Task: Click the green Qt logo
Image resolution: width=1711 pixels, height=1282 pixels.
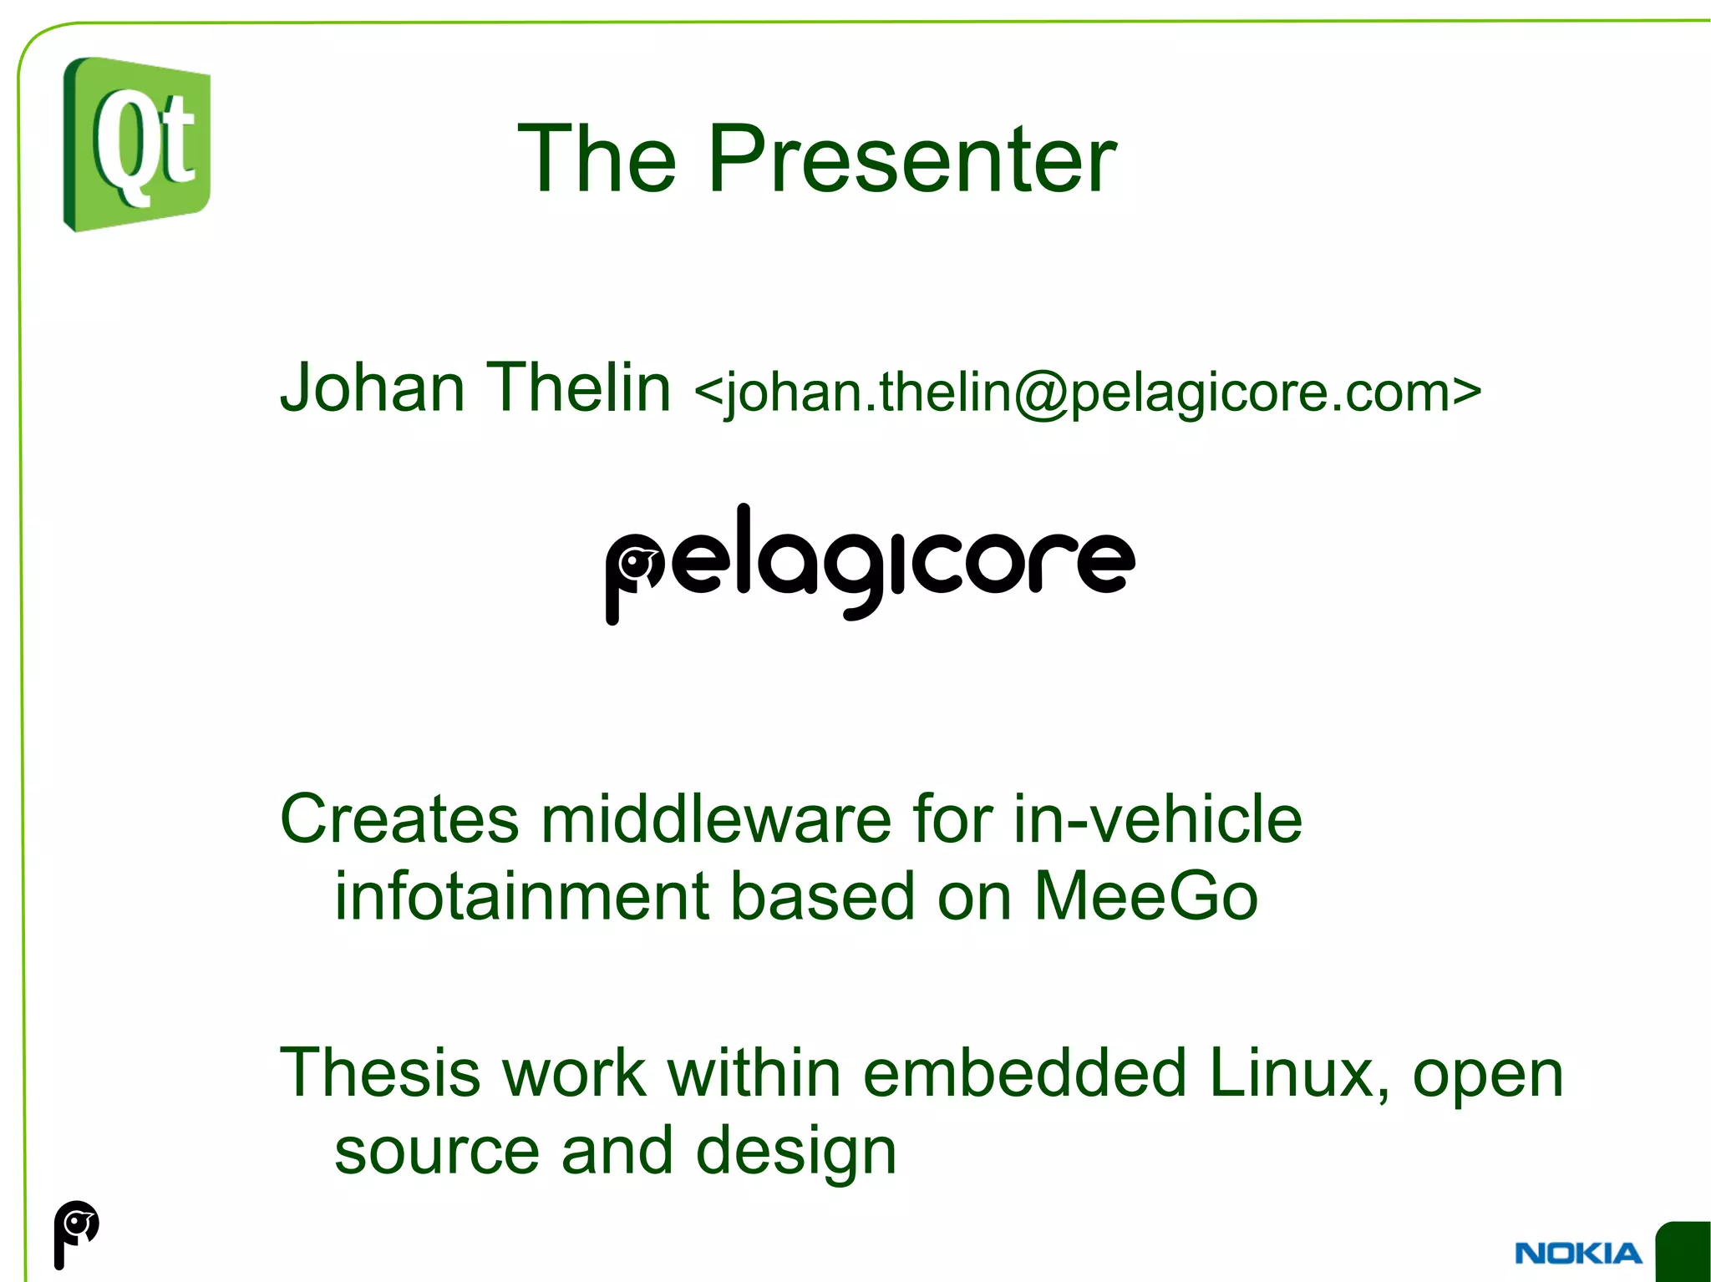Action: [137, 144]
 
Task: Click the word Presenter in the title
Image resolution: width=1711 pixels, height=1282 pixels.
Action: [911, 159]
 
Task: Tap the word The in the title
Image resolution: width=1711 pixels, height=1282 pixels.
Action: [597, 159]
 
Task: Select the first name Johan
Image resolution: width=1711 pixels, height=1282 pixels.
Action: [372, 388]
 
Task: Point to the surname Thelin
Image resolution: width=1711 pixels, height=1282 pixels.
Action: [578, 388]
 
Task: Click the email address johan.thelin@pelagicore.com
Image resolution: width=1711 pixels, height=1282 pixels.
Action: [1087, 393]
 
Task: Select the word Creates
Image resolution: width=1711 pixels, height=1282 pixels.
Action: [399, 820]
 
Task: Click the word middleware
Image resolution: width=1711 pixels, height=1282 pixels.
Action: [717, 820]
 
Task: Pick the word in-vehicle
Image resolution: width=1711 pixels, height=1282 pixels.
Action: [1157, 820]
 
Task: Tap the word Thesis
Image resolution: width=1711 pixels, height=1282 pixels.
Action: [380, 1074]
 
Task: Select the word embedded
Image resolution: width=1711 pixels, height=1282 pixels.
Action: [1024, 1074]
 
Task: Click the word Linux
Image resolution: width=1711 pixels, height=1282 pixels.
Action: [1298, 1074]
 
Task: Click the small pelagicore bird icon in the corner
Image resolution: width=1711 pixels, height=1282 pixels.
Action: [76, 1233]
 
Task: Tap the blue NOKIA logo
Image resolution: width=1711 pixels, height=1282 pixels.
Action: [1577, 1254]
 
